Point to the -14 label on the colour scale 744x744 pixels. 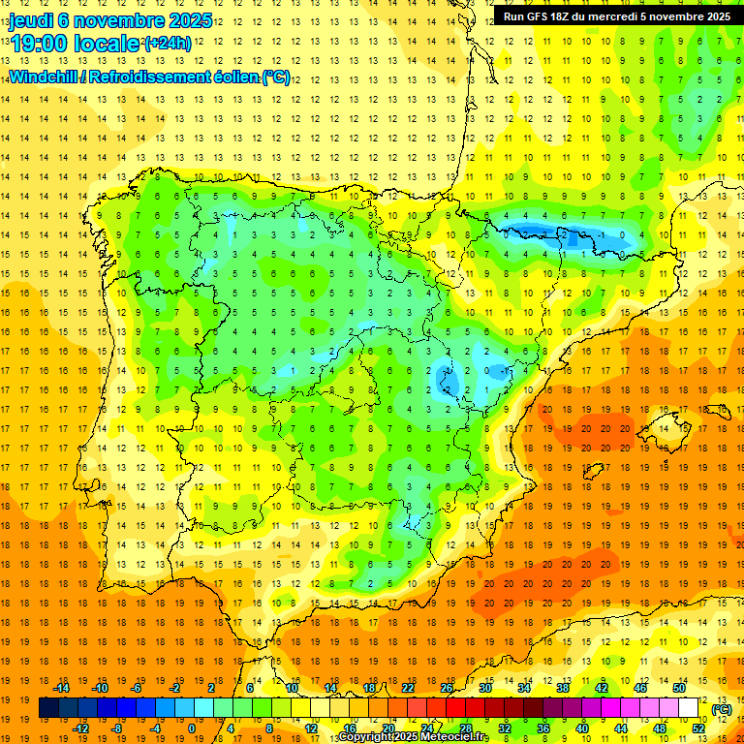(62, 688)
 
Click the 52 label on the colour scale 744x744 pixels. (698, 728)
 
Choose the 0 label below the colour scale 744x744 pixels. (192, 728)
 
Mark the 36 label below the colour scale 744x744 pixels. (542, 728)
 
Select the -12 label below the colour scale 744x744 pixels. (81, 728)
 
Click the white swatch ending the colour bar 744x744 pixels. (689, 708)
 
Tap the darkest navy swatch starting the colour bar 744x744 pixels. (48, 708)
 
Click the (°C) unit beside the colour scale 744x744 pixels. (721, 709)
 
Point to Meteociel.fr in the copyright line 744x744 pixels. (451, 737)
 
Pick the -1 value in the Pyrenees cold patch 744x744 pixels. (602, 235)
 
